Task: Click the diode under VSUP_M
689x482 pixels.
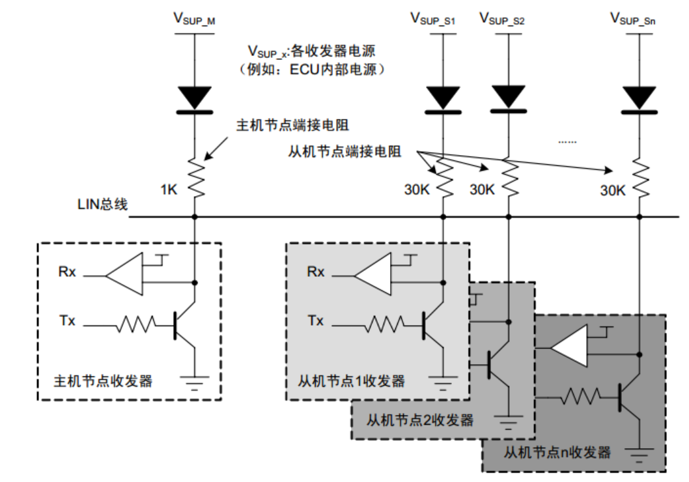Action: (195, 98)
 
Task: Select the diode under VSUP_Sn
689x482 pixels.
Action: (638, 98)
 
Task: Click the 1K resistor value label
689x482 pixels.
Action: (169, 190)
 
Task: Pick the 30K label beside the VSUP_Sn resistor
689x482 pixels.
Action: (612, 190)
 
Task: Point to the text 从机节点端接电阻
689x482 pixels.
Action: (344, 152)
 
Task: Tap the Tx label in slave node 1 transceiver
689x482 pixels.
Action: (316, 321)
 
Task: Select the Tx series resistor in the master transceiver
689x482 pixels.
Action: (137, 323)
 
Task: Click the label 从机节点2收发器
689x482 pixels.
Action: (421, 420)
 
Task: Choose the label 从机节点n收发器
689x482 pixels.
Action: (558, 452)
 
